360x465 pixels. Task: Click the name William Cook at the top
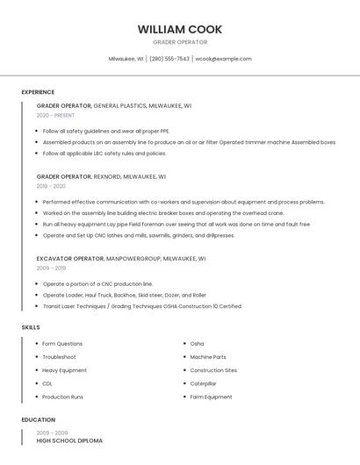click(179, 29)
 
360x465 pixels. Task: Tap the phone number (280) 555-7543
click(169, 59)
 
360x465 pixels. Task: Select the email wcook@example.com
click(223, 59)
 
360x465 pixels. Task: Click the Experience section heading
click(38, 92)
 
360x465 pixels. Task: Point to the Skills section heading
click(31, 327)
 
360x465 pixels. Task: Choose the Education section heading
click(39, 420)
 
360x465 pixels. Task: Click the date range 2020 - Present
click(55, 115)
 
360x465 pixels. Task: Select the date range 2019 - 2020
click(51, 186)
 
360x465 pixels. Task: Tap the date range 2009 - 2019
click(51, 268)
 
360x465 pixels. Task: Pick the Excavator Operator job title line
click(121, 259)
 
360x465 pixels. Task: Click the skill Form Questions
click(62, 344)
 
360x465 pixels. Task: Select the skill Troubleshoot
click(59, 357)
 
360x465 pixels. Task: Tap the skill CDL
click(47, 383)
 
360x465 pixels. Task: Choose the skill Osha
click(197, 344)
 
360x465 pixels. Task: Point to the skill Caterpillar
click(203, 383)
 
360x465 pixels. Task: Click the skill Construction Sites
click(213, 370)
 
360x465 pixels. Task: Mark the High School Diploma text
click(69, 440)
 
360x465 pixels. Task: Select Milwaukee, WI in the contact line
click(126, 59)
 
